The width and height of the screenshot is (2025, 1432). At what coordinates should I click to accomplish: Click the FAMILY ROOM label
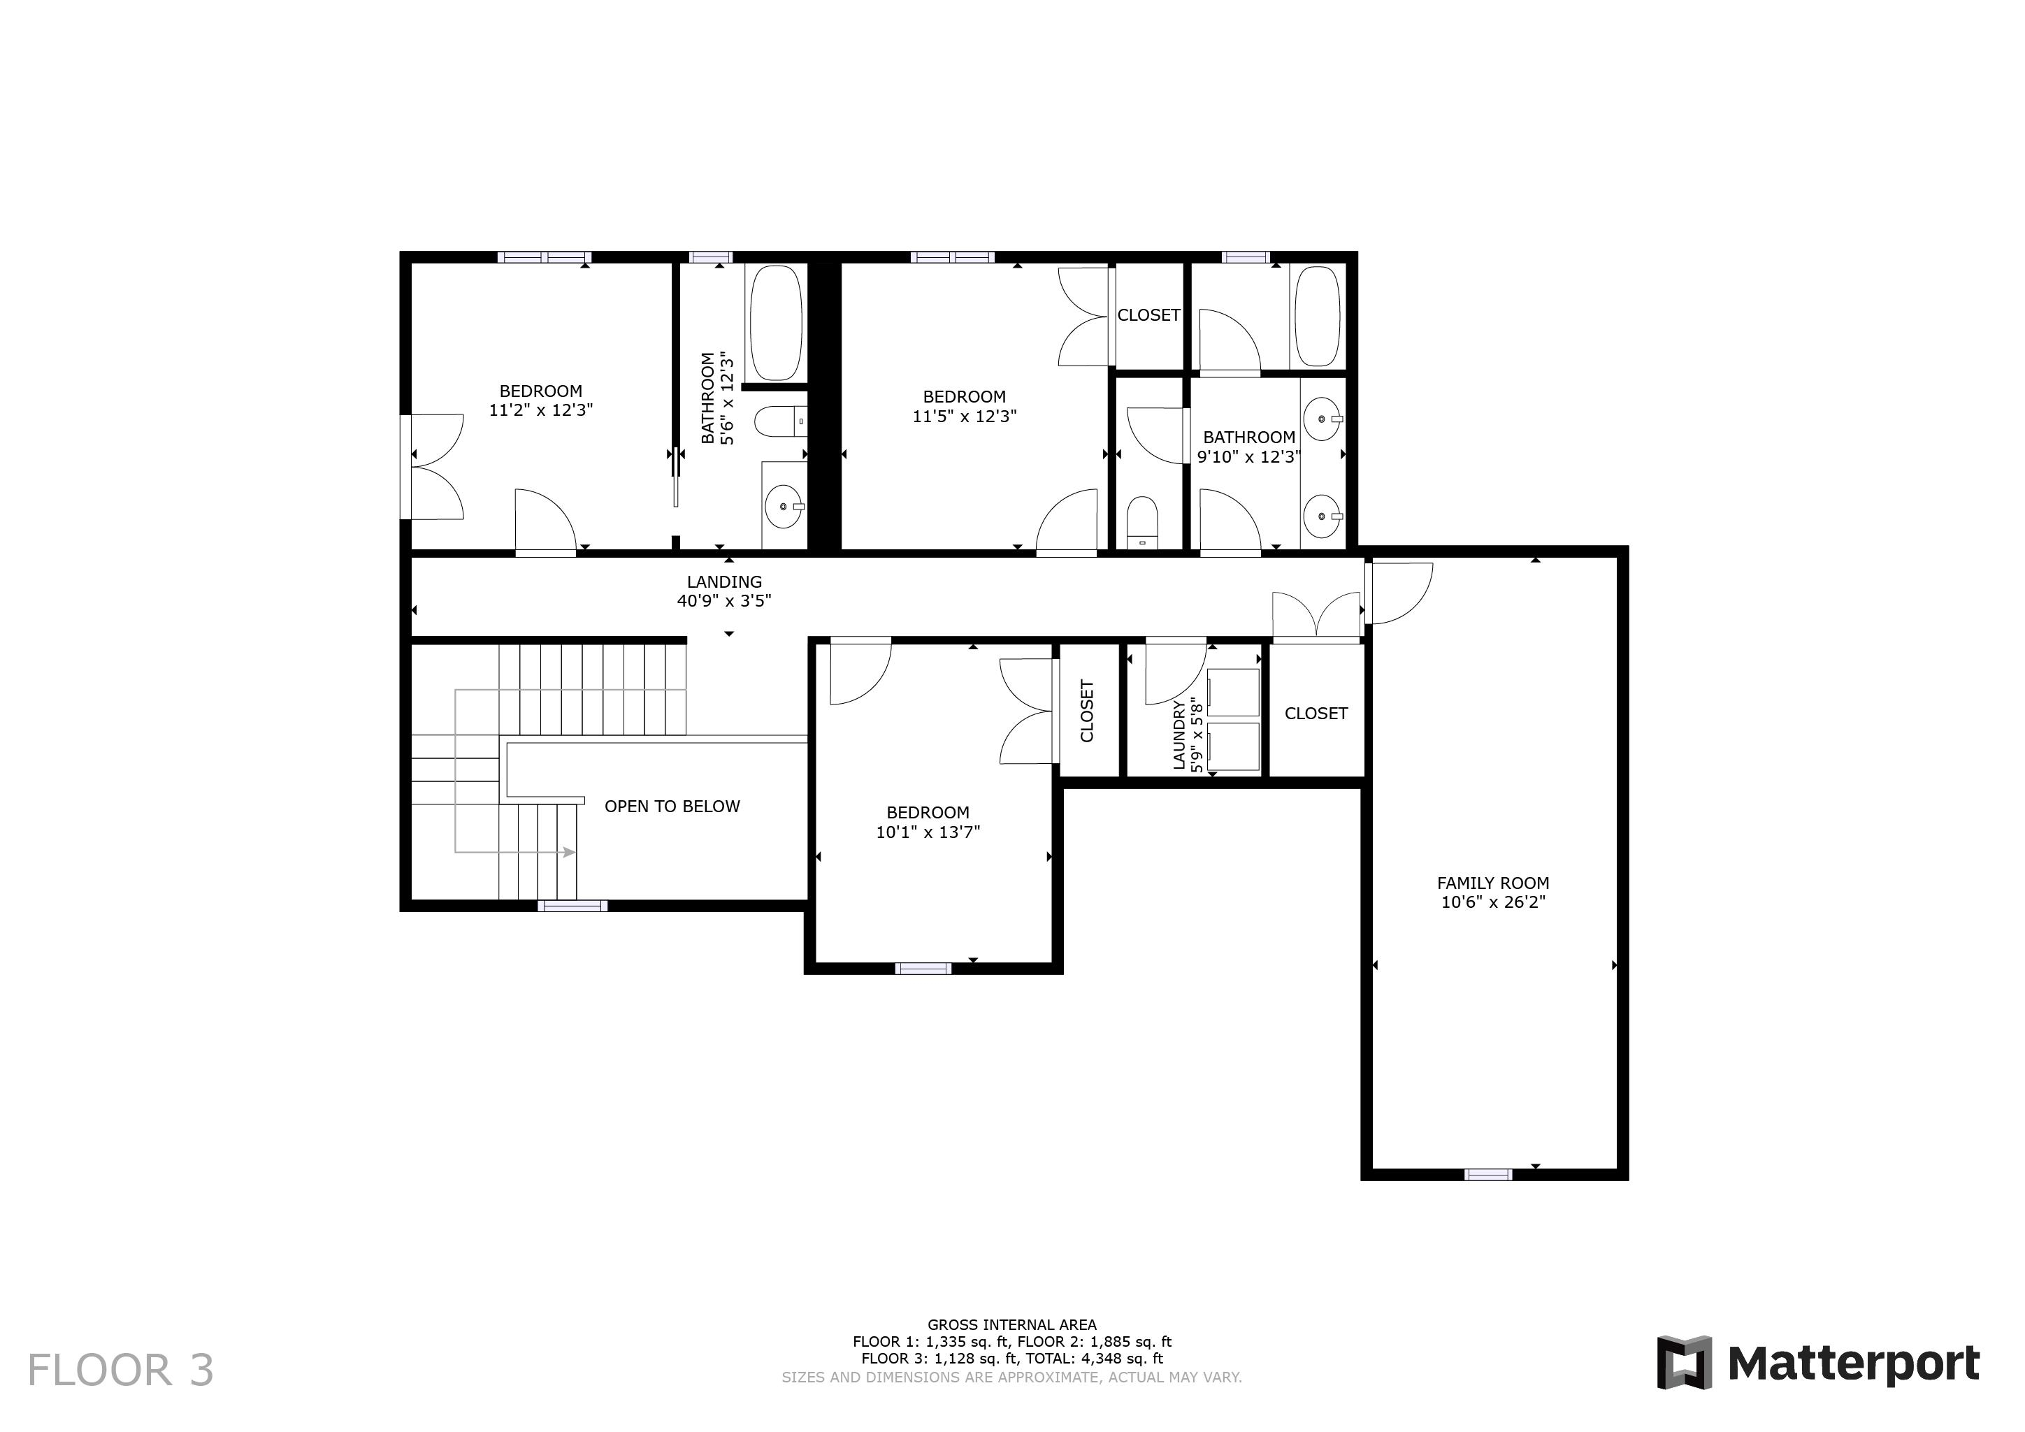1492,883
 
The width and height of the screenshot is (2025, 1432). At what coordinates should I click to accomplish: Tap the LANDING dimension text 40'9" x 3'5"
724,601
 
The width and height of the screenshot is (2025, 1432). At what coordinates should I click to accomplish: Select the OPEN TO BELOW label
672,806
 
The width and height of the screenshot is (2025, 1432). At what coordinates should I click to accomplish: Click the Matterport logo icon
1684,1362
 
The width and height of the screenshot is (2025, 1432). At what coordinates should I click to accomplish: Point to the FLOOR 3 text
121,1370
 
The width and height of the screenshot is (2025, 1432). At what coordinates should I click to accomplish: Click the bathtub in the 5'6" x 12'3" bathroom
775,323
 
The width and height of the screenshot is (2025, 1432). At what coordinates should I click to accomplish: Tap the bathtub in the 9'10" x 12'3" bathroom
1317,317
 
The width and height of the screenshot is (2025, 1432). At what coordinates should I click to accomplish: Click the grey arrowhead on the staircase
570,853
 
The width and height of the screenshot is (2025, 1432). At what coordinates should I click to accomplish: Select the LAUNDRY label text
1179,735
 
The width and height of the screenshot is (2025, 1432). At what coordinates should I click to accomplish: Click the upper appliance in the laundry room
1233,692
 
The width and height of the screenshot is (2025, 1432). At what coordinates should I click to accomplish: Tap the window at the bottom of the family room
1488,1175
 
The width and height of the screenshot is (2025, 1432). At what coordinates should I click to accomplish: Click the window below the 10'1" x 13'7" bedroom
923,968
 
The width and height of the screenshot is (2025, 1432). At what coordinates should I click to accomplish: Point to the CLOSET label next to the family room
1316,714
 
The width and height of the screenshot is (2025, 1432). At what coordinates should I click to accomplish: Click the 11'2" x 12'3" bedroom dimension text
540,410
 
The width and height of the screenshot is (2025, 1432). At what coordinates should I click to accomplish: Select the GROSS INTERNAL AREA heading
1011,1324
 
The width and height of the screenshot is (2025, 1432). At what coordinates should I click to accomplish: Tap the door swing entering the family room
1401,593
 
